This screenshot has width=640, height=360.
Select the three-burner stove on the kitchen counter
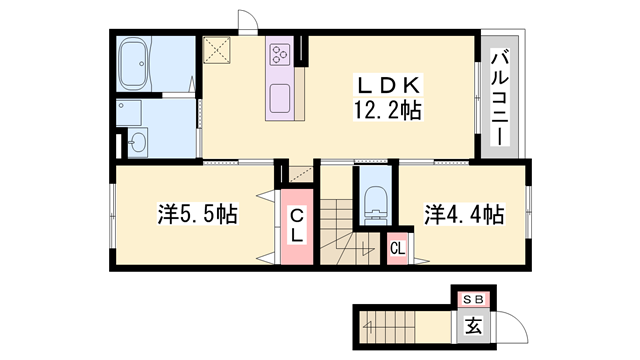[x=280, y=54]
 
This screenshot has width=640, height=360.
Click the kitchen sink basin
[x=279, y=98]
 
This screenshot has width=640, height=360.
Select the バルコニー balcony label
[x=499, y=97]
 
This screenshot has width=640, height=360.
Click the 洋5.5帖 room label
[x=196, y=214]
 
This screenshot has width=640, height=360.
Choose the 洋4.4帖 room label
[x=463, y=214]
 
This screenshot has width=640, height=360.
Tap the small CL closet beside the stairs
[x=397, y=247]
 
